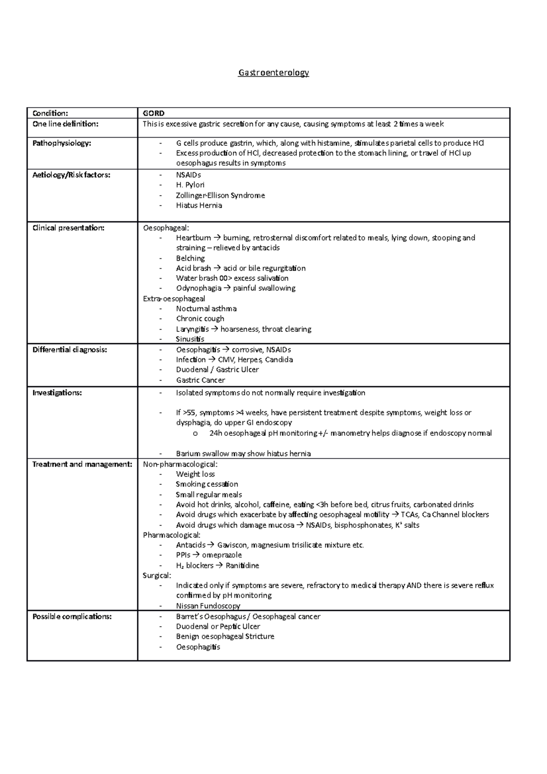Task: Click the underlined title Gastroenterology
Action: [273, 72]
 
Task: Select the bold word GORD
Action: [154, 113]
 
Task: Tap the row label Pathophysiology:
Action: [62, 143]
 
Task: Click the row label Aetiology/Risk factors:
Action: [71, 175]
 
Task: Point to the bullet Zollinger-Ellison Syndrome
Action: [220, 195]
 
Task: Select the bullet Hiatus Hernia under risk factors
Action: [199, 205]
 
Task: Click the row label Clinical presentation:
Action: [68, 228]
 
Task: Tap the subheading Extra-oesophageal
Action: [174, 299]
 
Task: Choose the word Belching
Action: [191, 258]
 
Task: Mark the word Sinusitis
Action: [190, 339]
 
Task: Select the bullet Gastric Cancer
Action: [201, 380]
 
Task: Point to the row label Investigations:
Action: [57, 392]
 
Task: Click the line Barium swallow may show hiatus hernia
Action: [243, 454]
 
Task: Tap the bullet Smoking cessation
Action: [207, 484]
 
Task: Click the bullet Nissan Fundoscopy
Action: [208, 606]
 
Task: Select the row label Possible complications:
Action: [72, 616]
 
